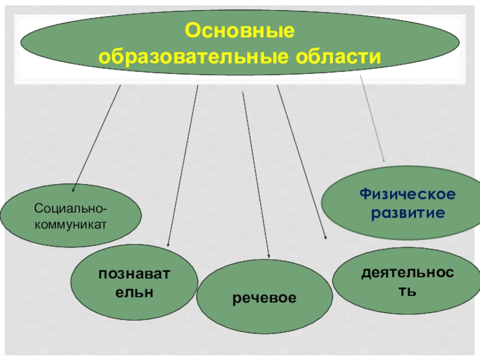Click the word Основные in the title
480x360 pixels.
(x=239, y=30)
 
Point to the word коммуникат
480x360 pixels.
(x=71, y=224)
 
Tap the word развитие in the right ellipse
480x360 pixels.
(x=407, y=213)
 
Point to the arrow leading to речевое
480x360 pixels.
(x=255, y=174)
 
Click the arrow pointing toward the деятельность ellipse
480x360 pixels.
(x=301, y=162)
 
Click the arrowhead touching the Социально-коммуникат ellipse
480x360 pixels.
(x=74, y=189)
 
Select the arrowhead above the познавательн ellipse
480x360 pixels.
(x=168, y=244)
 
